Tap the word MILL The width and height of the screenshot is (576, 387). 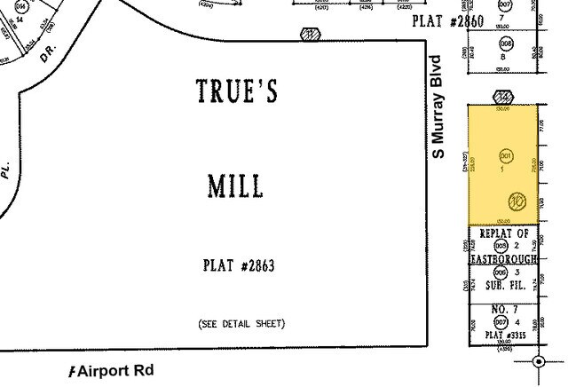(234, 186)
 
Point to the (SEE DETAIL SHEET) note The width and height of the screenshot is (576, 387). (241, 323)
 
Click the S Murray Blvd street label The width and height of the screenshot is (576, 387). (437, 107)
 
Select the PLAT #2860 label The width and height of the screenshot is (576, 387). (448, 21)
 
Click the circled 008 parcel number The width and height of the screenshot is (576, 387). (506, 42)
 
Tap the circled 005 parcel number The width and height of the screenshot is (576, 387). (501, 245)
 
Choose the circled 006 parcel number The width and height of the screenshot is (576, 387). (501, 272)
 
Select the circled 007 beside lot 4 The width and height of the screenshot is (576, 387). (501, 320)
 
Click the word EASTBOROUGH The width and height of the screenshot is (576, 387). (504, 259)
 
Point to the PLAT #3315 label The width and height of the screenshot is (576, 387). (504, 335)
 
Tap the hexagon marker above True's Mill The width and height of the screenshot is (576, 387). (310, 35)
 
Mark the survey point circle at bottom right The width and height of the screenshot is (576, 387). (539, 361)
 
